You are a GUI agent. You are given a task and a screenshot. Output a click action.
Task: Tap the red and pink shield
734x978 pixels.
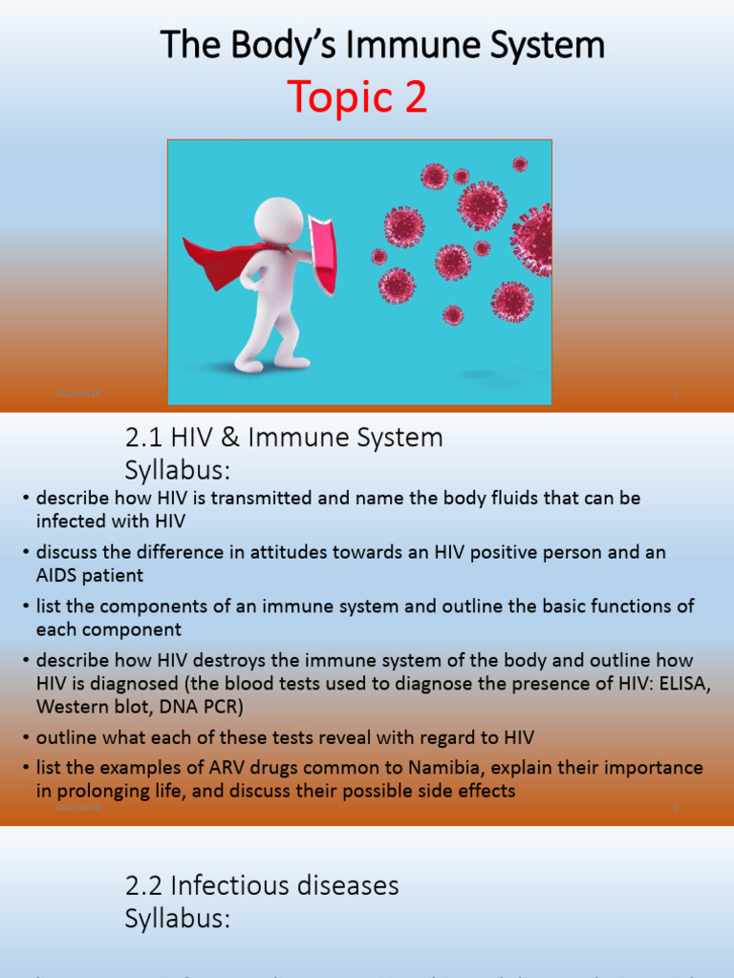[322, 253]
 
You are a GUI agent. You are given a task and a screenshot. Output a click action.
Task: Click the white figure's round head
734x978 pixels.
[278, 221]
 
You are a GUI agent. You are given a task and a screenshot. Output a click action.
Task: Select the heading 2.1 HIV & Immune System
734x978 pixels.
[284, 437]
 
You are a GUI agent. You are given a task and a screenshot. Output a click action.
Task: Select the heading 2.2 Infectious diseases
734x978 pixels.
[262, 885]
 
